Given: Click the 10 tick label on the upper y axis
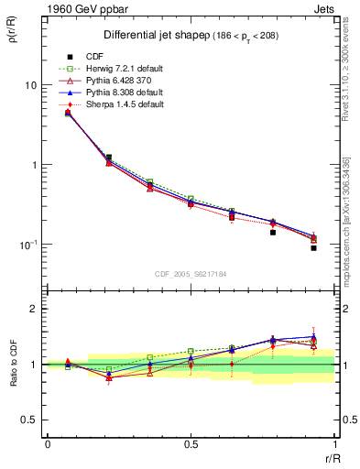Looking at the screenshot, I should point(29,85).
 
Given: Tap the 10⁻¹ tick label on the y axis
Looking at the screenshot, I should point(27,245).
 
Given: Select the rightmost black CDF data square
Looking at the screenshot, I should point(313,248).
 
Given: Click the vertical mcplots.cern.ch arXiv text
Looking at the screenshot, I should point(346,220).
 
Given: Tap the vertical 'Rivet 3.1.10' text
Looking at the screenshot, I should point(346,78).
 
